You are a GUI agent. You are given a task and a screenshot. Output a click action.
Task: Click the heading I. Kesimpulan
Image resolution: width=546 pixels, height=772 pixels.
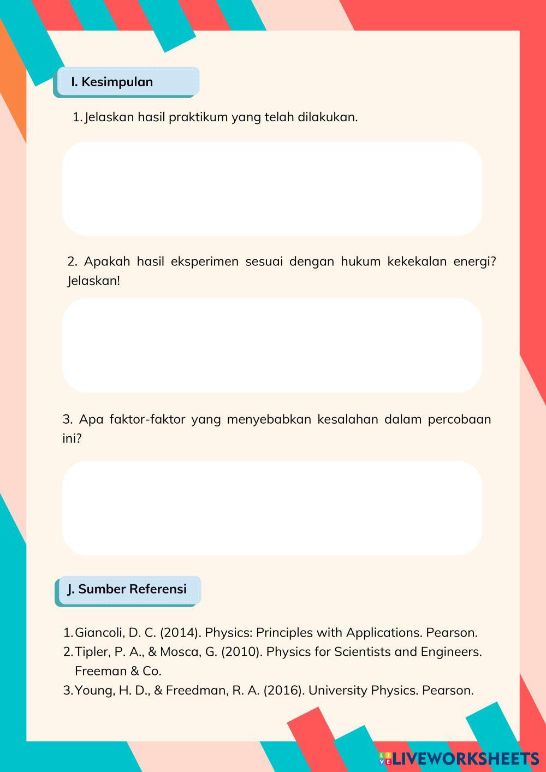point(112,82)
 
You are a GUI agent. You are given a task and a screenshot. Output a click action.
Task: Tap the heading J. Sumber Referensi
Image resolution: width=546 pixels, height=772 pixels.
point(127,589)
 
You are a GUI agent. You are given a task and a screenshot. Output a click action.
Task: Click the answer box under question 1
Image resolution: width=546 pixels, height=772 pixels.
point(272,188)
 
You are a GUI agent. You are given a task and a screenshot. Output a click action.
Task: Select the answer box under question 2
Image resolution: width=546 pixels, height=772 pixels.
point(272,345)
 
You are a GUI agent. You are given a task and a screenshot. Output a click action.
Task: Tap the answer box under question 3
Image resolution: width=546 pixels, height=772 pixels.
point(272,508)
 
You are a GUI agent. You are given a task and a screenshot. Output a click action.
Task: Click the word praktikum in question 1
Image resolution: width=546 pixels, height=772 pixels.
point(198,117)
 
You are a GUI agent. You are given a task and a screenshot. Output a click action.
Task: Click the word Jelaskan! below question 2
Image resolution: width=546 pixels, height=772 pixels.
point(93,281)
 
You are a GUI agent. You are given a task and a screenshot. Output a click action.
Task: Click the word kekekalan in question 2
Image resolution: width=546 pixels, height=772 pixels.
point(417,262)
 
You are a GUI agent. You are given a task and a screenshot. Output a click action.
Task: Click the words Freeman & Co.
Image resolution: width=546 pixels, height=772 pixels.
point(118,671)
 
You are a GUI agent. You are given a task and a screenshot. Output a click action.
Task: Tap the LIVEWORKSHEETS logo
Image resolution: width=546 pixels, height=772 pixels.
point(459,758)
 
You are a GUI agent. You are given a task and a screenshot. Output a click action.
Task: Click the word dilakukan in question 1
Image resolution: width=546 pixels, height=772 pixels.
point(327,117)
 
